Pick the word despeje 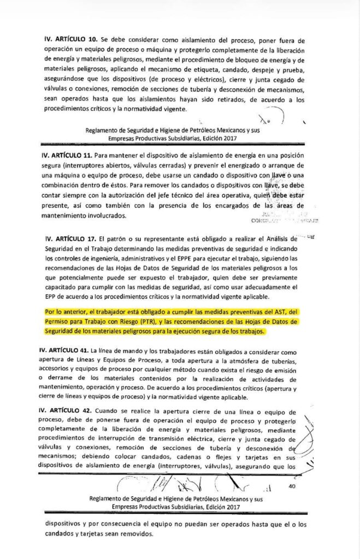point(262,72)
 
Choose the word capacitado point(64,289)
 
